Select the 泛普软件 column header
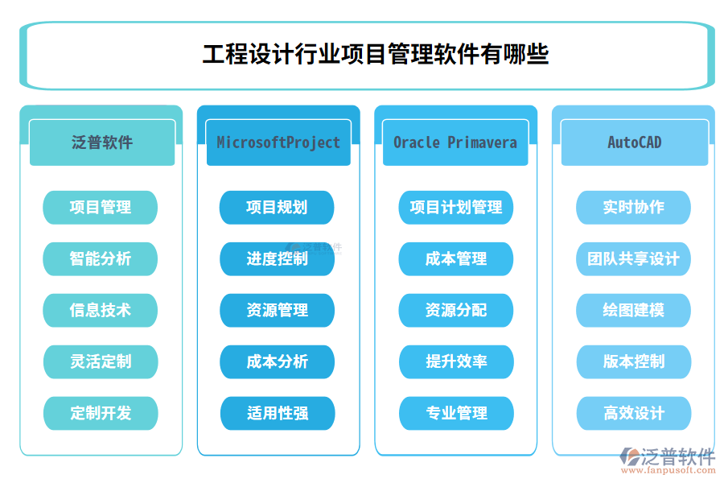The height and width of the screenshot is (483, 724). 102,142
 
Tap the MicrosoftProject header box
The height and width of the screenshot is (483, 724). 278,142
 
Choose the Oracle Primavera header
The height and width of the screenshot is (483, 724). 455,142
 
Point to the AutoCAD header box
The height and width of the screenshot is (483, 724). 634,142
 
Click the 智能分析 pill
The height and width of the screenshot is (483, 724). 101,258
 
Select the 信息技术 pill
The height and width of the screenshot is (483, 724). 101,310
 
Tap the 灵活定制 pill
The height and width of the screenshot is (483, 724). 101,361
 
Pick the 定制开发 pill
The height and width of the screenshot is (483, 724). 101,413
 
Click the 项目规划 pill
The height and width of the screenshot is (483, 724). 278,207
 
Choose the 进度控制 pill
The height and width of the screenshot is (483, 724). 278,258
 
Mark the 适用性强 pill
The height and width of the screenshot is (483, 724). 278,413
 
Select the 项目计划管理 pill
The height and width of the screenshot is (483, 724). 456,207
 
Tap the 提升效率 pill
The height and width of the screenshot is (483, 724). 456,361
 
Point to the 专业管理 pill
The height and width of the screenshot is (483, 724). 456,413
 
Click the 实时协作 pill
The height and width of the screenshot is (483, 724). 634,207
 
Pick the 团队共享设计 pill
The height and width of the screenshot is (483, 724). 634,258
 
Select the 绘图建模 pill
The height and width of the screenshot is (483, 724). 634,310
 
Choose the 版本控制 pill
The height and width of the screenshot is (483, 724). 634,361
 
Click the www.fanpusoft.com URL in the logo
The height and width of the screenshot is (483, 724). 673,471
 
